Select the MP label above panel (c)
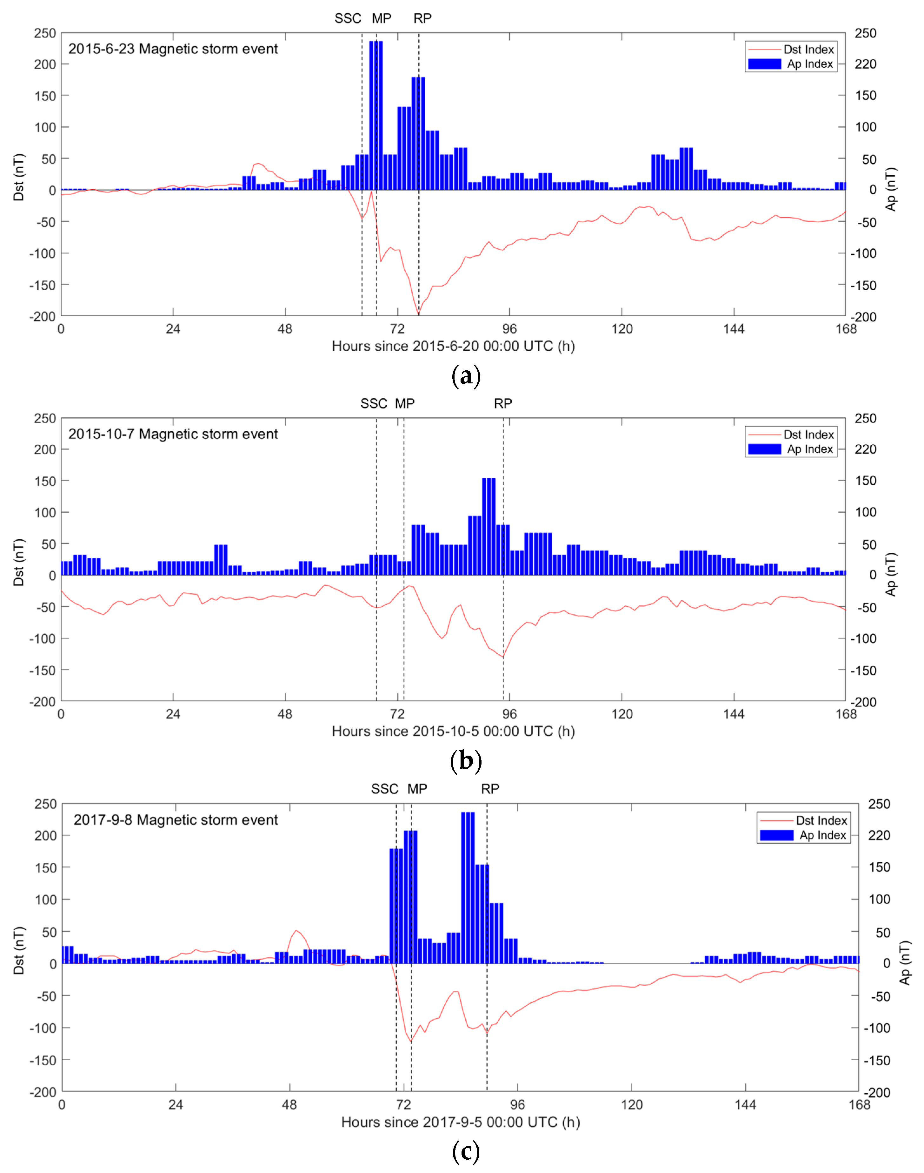417,789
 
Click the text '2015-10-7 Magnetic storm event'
173,434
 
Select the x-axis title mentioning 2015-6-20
453,347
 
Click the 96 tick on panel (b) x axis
509,715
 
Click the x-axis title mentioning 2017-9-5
460,1122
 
